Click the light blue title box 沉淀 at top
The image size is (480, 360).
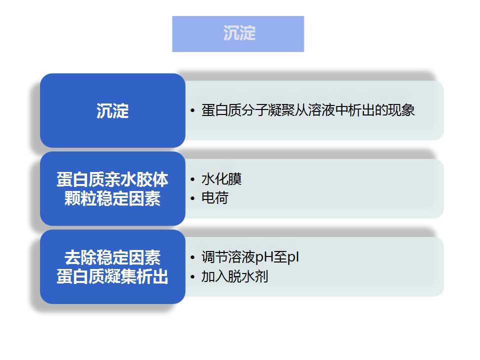[238, 33]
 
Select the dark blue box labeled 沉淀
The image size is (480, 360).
[112, 110]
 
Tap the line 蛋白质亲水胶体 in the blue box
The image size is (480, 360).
[112, 179]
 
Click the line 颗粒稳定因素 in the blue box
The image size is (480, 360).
[112, 198]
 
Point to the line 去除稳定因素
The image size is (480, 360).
[112, 257]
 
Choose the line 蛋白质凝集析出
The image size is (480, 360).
[112, 276]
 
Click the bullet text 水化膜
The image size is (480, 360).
[221, 179]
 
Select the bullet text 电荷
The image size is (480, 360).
[214, 198]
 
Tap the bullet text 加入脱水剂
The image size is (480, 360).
[234, 276]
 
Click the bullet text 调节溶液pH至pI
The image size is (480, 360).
[250, 257]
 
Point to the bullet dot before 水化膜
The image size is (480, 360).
[192, 179]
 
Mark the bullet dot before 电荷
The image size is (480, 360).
[192, 198]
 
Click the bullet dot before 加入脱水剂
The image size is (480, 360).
[192, 277]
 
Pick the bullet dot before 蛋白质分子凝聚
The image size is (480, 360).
[192, 110]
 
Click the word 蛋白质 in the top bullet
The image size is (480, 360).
[221, 110]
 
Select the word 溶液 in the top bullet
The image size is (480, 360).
[321, 110]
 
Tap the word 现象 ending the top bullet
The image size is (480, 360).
[401, 110]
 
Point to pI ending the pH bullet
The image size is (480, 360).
[293, 257]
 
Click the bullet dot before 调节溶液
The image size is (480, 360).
[192, 258]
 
